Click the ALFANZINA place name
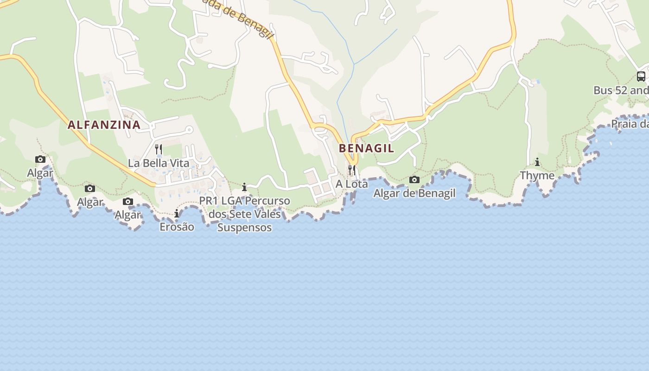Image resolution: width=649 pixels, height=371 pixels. [104, 125]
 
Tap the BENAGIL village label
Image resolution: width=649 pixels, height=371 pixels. [366, 148]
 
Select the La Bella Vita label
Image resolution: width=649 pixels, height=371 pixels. [159, 163]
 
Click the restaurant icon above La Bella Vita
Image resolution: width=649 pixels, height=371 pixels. [159, 149]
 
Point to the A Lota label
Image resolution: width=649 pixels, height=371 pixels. [352, 184]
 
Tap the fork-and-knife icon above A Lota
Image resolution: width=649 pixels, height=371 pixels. [352, 170]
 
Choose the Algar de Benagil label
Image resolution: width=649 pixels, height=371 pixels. [414, 193]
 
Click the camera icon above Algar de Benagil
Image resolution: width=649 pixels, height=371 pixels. [414, 179]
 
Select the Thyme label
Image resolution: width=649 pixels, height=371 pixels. [537, 175]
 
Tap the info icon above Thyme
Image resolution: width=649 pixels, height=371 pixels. [537, 162]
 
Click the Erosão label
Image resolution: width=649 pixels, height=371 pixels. [177, 227]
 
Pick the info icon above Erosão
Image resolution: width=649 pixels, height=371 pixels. [177, 213]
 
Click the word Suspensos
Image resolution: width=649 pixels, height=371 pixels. [244, 228]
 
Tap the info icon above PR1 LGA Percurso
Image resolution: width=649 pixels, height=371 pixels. [244, 187]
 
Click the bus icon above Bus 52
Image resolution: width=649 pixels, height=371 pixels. [641, 77]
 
